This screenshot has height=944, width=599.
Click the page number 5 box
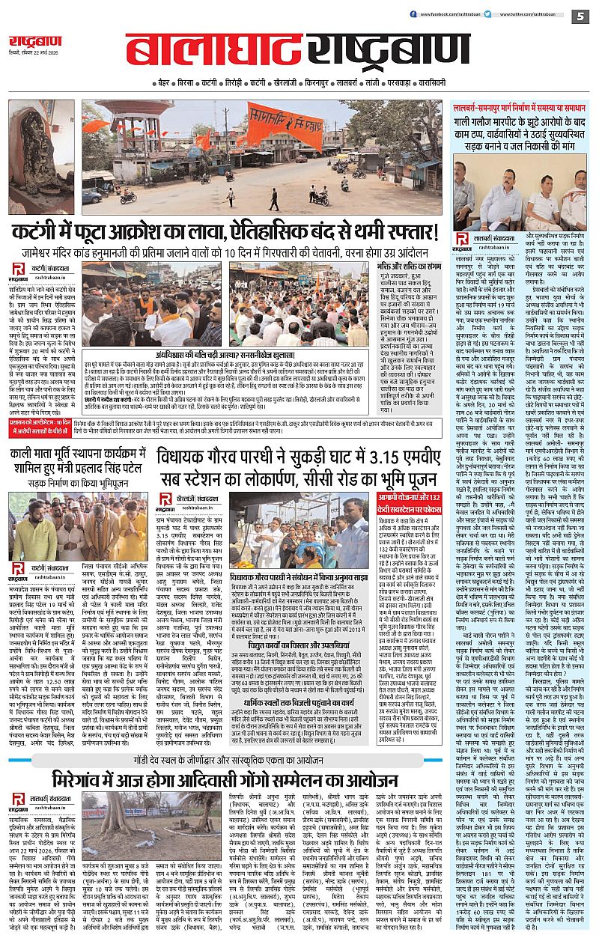pos(580,16)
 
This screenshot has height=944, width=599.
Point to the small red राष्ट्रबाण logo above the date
pos(31,43)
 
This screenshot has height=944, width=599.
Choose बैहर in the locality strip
pos(163,79)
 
